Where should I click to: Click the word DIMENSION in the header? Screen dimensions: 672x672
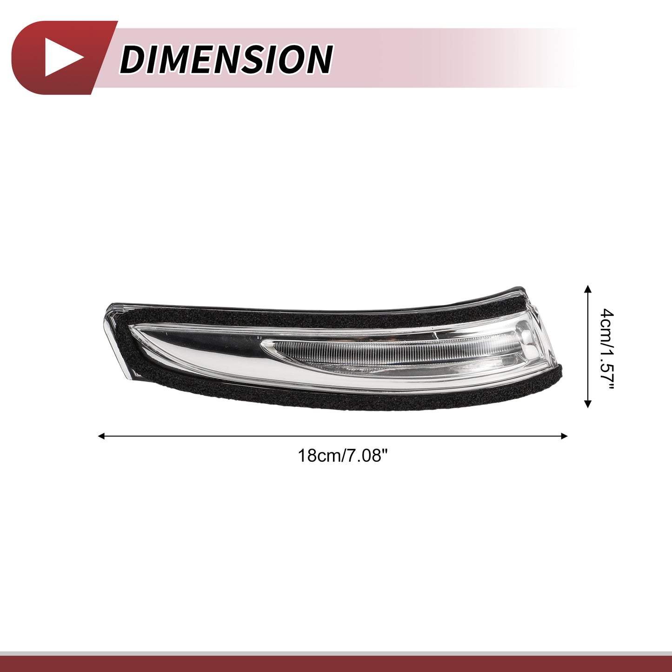pyautogui.click(x=226, y=58)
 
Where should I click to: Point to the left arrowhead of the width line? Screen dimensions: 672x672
pyautogui.click(x=101, y=436)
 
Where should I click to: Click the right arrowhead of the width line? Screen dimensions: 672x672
pyautogui.click(x=564, y=436)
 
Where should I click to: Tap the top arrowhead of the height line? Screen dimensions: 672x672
pyautogui.click(x=588, y=288)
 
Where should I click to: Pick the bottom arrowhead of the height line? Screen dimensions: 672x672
pyautogui.click(x=588, y=404)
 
